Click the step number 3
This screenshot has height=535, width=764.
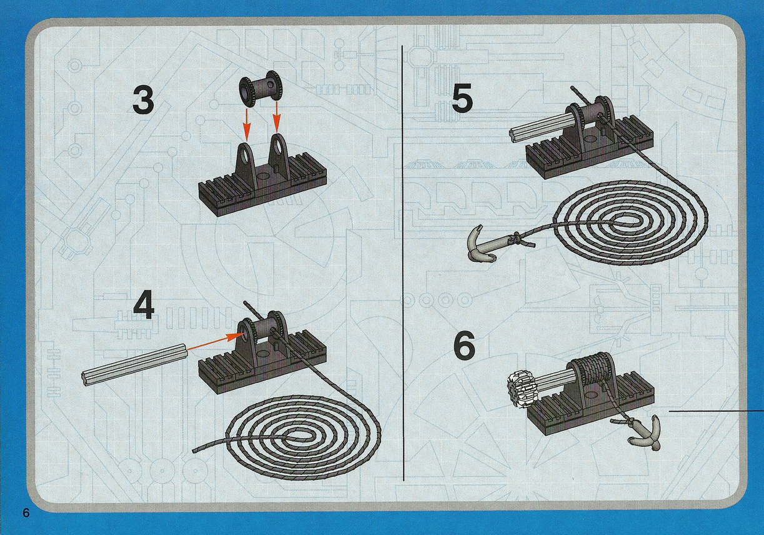click(143, 100)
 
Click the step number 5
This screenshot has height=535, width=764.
click(462, 98)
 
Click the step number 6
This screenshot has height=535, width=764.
click(465, 347)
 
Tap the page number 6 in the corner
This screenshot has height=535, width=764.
click(26, 513)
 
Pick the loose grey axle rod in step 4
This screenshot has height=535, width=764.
click(135, 366)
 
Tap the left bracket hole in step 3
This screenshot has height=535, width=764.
click(246, 152)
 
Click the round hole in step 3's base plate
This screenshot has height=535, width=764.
click(263, 177)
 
